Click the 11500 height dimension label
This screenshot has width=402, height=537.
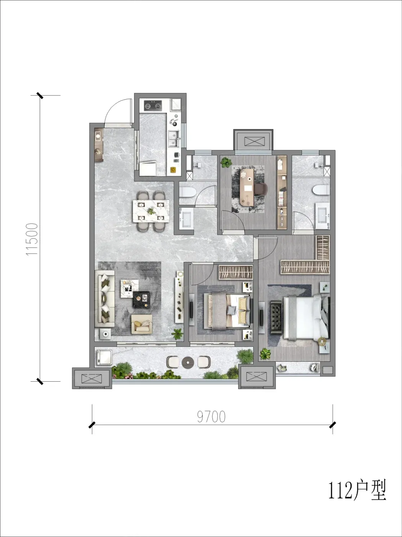(32, 239)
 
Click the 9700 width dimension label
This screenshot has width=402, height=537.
(211, 417)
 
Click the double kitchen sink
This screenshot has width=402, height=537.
(174, 139)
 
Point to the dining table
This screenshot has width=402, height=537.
(151, 211)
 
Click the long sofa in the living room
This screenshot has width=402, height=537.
(105, 298)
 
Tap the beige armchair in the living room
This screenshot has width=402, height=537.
(142, 324)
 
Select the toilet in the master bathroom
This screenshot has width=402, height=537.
(321, 190)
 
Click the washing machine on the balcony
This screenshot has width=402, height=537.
(104, 357)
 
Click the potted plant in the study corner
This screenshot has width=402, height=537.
(226, 162)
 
